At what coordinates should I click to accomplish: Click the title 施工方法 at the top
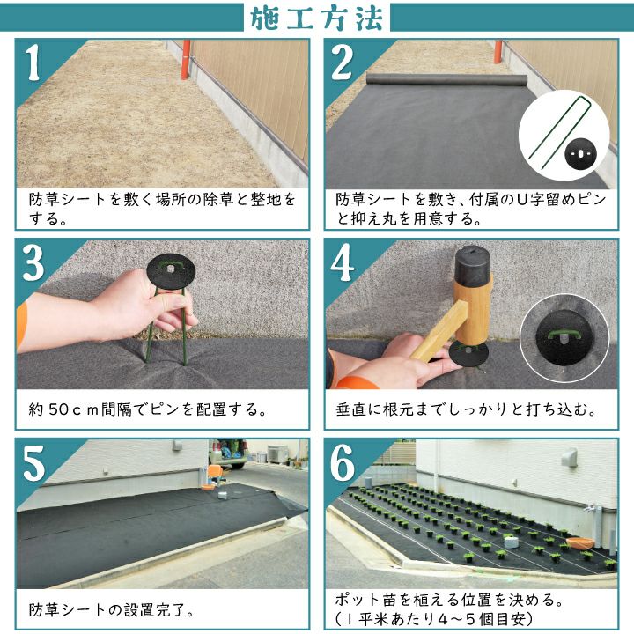point(317,18)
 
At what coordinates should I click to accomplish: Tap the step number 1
point(33,63)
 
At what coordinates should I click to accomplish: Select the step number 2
point(342,63)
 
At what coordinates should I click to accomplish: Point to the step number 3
point(33,262)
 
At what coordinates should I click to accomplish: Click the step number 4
point(342,262)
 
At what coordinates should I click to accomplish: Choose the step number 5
point(33,463)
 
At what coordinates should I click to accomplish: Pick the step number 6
point(343,463)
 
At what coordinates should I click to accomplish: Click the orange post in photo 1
point(186,60)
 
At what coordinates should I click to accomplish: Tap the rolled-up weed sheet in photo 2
point(446,79)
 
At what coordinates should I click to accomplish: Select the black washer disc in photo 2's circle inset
point(580,153)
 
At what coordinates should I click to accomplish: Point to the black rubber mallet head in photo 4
point(473,266)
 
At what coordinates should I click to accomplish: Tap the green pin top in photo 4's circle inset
point(564,335)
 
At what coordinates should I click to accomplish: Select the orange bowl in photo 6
point(580,543)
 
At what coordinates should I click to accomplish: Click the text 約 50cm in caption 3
point(63,409)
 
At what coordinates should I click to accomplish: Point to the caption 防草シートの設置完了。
point(111,609)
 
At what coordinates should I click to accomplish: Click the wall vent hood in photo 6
point(570,457)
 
